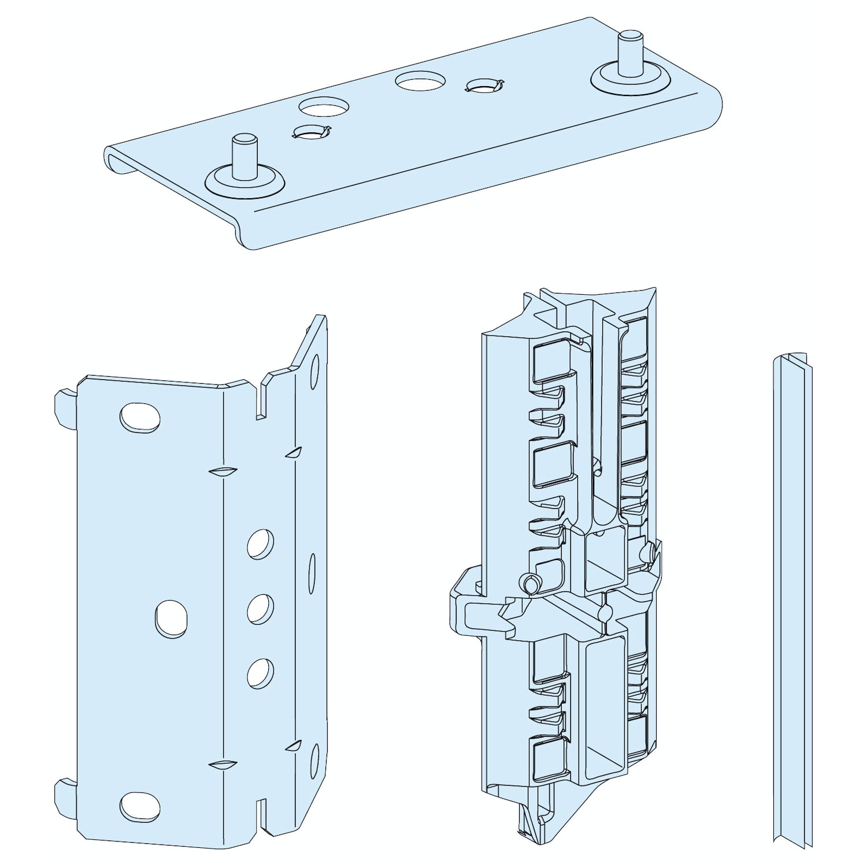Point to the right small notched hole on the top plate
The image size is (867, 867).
(484, 86)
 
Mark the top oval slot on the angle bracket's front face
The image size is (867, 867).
(140, 417)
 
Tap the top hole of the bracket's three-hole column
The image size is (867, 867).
(261, 543)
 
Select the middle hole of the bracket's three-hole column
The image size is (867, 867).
(261, 609)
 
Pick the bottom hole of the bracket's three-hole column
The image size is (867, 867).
(261, 673)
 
